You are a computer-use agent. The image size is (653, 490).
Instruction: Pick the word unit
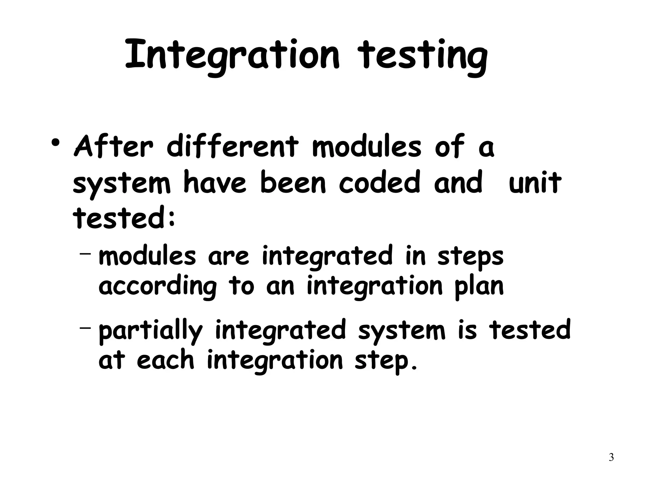click(x=535, y=183)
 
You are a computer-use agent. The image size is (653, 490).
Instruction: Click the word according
click(x=158, y=286)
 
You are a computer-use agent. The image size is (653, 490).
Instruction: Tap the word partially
click(x=150, y=331)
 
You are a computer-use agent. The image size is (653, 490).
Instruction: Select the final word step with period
click(x=386, y=361)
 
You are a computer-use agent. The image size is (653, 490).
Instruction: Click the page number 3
click(x=611, y=457)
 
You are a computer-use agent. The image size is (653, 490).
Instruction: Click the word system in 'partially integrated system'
click(x=401, y=331)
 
